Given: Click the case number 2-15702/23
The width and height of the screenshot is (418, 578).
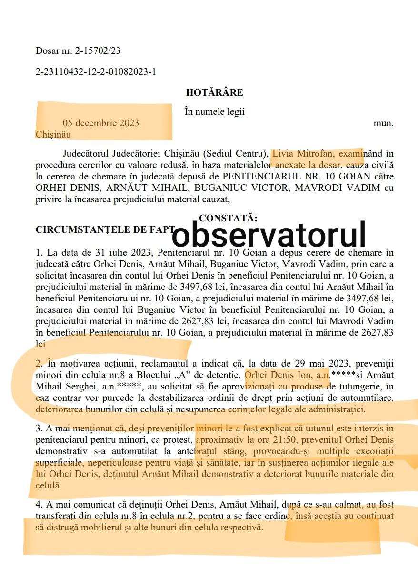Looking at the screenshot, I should (100, 50).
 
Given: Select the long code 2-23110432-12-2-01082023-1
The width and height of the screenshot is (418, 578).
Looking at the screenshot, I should (96, 72).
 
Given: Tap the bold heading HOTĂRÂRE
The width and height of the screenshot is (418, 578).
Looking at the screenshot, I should (214, 92).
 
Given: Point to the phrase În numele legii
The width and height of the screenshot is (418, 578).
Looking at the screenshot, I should (214, 112).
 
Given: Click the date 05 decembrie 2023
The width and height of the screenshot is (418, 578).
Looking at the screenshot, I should (100, 123).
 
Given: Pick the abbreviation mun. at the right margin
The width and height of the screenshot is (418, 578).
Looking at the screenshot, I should (383, 123).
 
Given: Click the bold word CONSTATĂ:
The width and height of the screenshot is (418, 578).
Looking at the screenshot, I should (228, 219).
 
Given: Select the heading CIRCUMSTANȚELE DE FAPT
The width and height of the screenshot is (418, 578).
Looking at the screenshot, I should (105, 229).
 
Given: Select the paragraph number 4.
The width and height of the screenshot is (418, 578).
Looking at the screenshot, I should (38, 505).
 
